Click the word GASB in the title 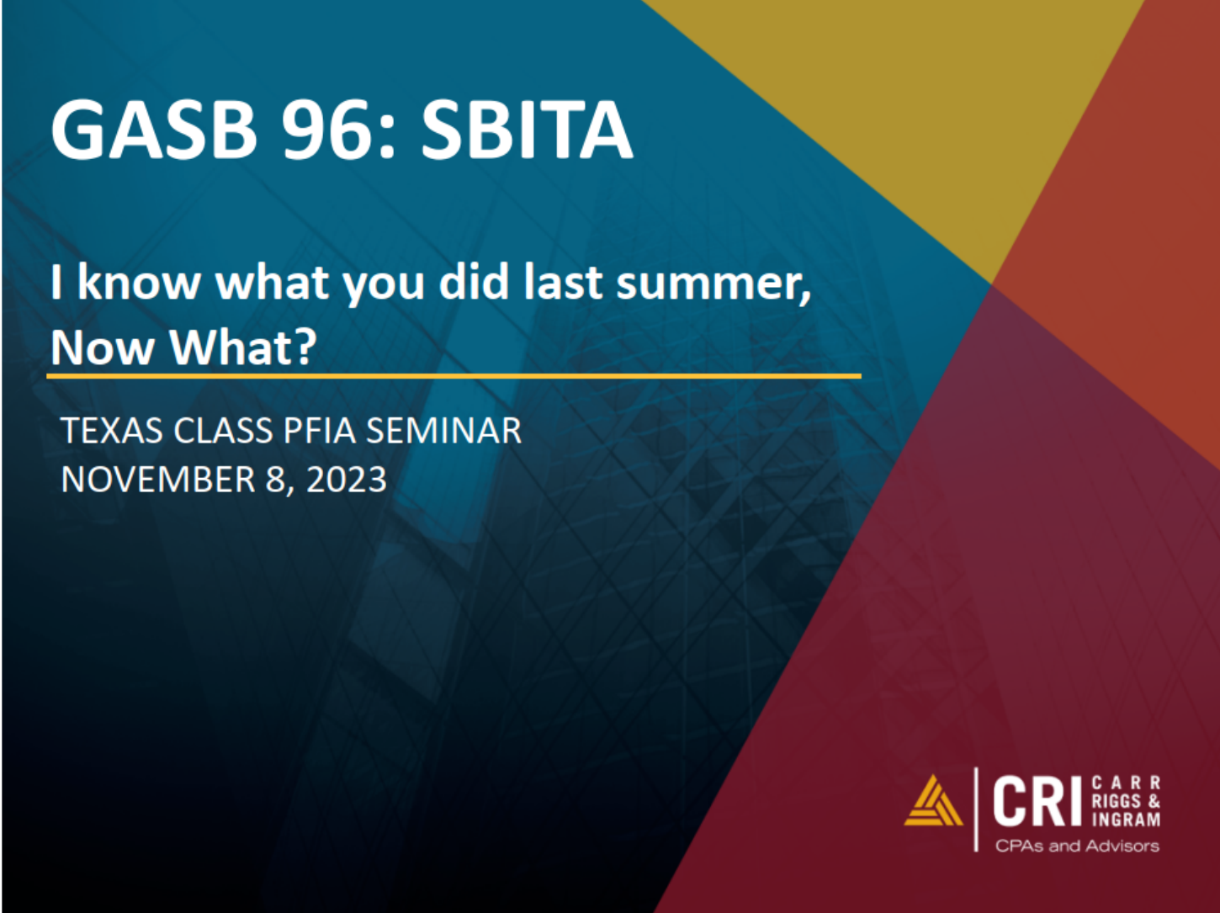154,130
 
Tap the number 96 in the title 332,130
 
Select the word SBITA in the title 527,130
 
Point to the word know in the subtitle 139,282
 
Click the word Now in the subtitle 103,348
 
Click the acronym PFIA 320,430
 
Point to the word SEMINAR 444,430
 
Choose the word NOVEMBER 158,479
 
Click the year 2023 347,479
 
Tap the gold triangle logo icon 933,801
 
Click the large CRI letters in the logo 1037,801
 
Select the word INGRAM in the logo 1126,819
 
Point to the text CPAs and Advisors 1077,846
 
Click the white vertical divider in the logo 976,809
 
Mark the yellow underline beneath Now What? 454,376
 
